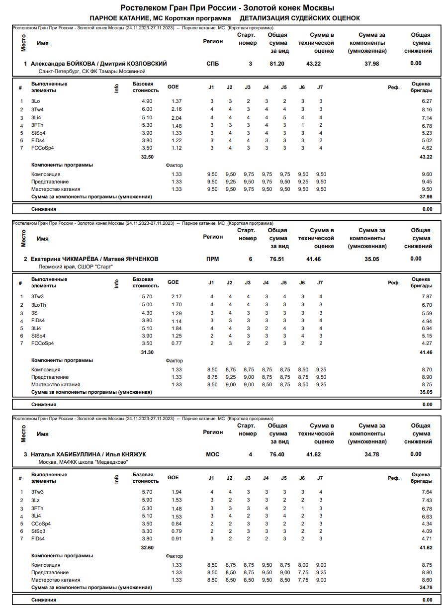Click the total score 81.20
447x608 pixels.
(277, 64)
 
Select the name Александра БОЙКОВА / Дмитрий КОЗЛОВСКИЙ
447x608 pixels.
(98, 64)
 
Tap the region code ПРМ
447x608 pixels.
(212, 259)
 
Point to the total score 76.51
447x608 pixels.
(277, 259)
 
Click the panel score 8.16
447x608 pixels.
(427, 109)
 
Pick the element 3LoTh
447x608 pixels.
(39, 305)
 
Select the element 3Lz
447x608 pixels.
(35, 500)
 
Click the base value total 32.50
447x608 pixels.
(147, 157)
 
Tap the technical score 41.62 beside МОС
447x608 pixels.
(313, 454)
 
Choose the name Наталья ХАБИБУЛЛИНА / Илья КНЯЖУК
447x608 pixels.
(89, 454)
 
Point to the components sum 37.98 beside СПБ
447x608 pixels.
(371, 64)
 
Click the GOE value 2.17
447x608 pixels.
(176, 297)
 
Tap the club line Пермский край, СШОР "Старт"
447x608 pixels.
(76, 267)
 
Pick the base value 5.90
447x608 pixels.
(147, 500)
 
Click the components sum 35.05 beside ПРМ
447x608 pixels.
(371, 259)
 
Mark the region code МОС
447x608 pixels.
(212, 454)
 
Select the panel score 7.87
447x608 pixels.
(427, 297)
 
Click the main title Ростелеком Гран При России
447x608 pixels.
(179, 8)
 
